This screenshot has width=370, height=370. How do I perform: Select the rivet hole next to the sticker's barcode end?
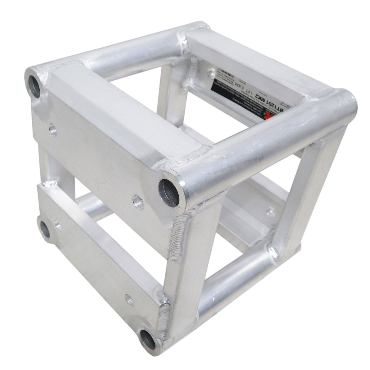point(212,72)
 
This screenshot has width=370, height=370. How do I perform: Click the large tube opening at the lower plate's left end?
point(45,230)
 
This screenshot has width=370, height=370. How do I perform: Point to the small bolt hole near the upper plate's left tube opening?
point(53,129)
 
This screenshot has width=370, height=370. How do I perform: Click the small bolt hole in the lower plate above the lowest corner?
point(129,299)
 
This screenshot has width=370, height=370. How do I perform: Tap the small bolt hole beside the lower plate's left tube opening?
point(58,226)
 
